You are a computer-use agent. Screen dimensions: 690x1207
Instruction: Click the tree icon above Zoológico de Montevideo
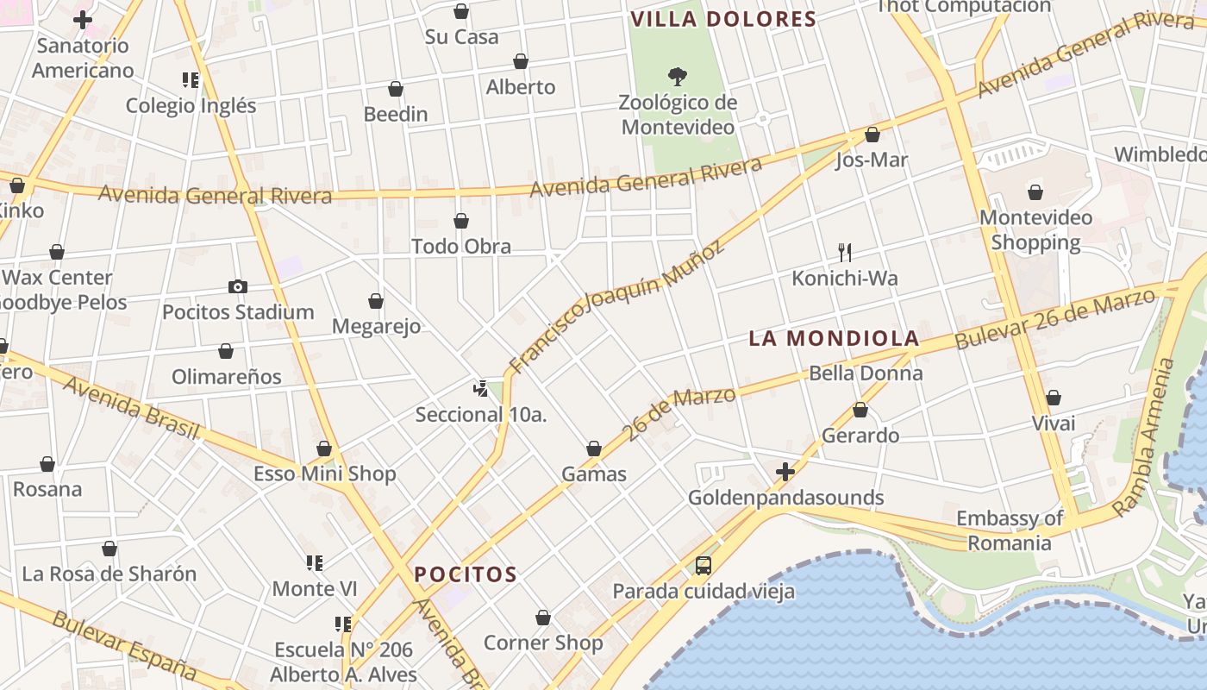click(678, 77)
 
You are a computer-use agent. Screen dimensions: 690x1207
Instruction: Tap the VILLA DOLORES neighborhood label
click(723, 19)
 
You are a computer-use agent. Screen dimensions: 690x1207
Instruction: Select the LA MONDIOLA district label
click(834, 338)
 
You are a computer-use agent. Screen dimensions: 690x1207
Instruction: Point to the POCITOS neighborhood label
click(466, 574)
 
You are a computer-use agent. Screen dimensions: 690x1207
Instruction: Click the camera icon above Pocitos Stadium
click(238, 286)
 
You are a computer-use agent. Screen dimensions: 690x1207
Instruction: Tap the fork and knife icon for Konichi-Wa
click(845, 253)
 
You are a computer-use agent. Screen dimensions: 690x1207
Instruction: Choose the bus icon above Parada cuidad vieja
click(704, 566)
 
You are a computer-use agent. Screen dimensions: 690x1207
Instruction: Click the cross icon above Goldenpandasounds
click(785, 472)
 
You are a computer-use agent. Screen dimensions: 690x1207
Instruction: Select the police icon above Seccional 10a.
click(481, 389)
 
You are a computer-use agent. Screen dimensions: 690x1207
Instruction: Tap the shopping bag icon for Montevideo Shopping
click(1035, 192)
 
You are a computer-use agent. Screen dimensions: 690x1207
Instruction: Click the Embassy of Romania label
click(1010, 530)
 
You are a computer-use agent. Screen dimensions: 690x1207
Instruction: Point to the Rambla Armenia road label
click(1144, 439)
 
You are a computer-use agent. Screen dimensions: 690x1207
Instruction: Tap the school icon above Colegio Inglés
click(191, 80)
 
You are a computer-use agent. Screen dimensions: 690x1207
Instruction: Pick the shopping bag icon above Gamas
click(594, 448)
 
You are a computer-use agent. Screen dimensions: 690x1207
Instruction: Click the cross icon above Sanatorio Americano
click(83, 20)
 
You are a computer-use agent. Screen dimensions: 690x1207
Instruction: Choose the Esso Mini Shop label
click(325, 474)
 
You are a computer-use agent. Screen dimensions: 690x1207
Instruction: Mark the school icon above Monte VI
click(315, 563)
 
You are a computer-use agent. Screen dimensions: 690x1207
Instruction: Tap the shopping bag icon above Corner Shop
click(543, 618)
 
